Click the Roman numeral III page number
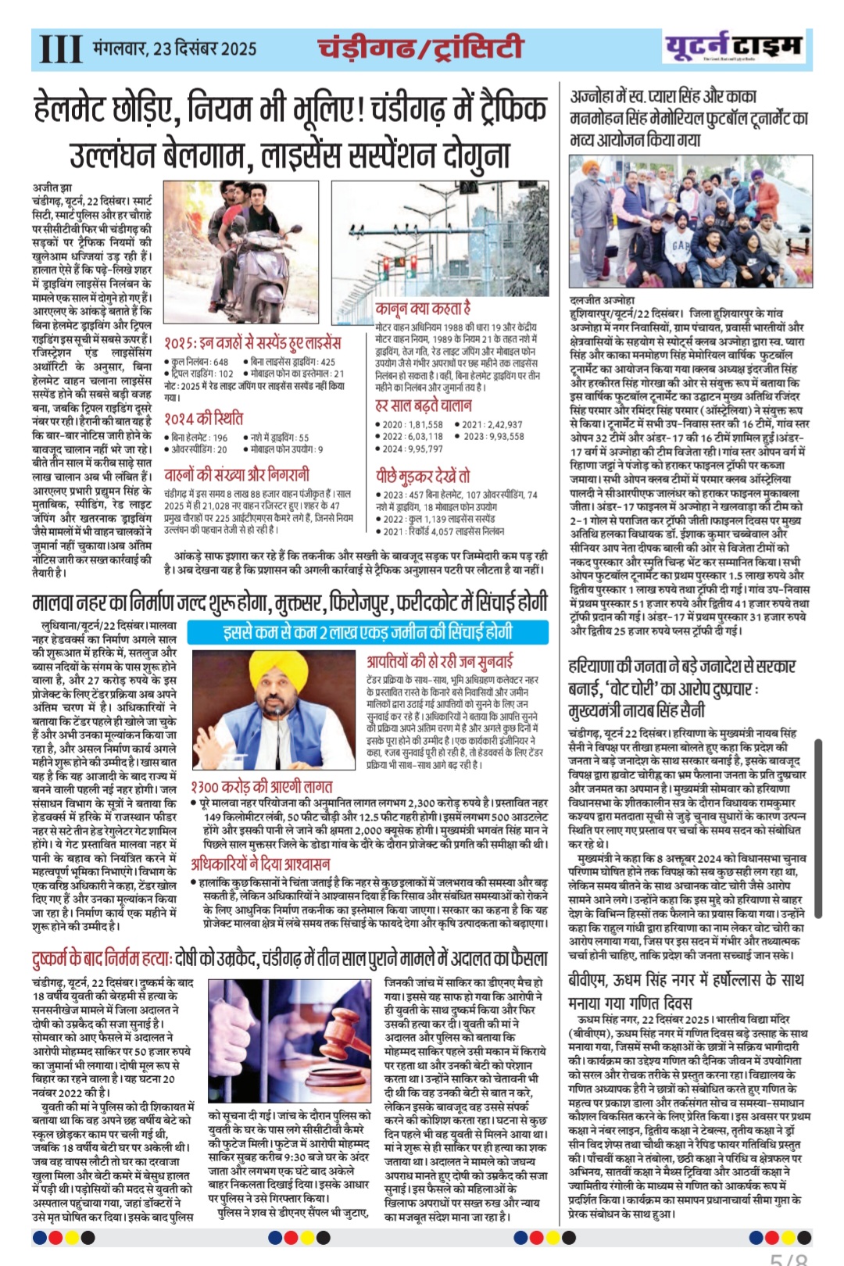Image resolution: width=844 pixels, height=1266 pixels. coord(60,48)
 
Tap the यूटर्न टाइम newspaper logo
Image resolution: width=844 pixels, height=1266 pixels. coord(732,47)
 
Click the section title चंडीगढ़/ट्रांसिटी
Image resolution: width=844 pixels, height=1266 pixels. coord(420,48)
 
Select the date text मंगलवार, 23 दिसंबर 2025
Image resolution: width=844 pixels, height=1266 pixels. coord(174,48)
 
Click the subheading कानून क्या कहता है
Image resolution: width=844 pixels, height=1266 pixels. coord(423,308)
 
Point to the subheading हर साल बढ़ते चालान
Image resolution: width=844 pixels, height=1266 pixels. coord(423,405)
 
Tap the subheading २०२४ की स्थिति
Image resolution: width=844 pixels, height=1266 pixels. coord(203,418)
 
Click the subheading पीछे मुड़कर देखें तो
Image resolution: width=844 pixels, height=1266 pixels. coord(422,475)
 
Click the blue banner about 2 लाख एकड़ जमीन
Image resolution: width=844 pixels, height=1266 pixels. coord(367,632)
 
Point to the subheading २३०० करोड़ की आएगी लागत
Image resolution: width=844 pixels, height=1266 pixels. coord(262,786)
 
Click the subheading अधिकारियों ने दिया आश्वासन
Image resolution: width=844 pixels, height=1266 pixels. coord(260,864)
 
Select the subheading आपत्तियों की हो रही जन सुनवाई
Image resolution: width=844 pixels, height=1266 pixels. coord(440,661)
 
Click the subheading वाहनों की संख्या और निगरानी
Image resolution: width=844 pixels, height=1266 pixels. coord(236,474)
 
